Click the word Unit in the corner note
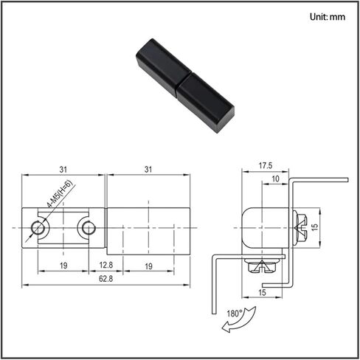click(x=318, y=17)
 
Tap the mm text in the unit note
click(x=337, y=17)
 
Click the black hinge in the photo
click(x=185, y=86)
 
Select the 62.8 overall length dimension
click(x=105, y=279)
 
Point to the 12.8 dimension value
click(x=106, y=265)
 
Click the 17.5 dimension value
click(x=266, y=165)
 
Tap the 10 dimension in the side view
click(x=276, y=179)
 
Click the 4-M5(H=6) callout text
click(x=60, y=194)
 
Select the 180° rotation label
click(x=235, y=314)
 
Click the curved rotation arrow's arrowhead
click(x=226, y=328)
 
